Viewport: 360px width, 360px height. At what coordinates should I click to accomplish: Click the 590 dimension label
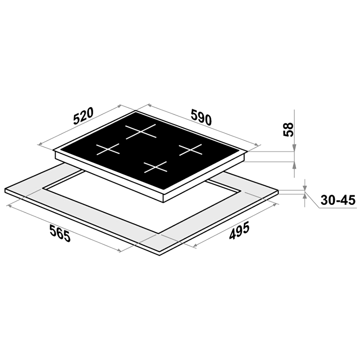pos(201,117)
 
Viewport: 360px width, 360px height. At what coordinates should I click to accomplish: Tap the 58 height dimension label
pos(289,130)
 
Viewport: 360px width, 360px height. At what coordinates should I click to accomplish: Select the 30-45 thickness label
pos(338,200)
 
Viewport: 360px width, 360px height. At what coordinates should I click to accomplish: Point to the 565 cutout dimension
pos(60,233)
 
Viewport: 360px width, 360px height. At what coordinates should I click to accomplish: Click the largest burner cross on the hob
pos(141,131)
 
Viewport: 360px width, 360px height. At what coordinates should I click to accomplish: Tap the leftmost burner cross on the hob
pos(108,149)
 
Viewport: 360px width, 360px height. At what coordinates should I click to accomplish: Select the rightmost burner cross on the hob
pos(190,150)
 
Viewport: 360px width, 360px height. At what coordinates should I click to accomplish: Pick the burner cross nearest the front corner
pos(155,167)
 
